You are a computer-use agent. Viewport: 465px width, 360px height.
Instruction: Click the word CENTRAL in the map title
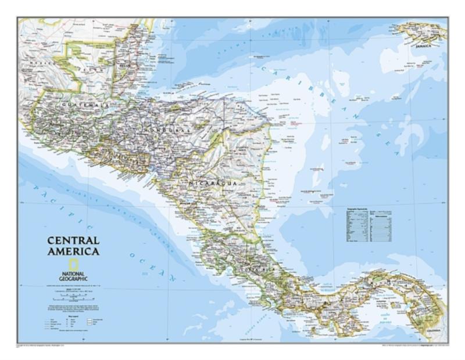[73, 240]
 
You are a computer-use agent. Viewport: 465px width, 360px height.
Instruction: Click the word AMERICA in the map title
[73, 251]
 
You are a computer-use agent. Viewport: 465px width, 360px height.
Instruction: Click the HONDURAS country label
[166, 130]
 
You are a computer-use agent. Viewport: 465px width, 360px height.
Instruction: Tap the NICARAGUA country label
[212, 183]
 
